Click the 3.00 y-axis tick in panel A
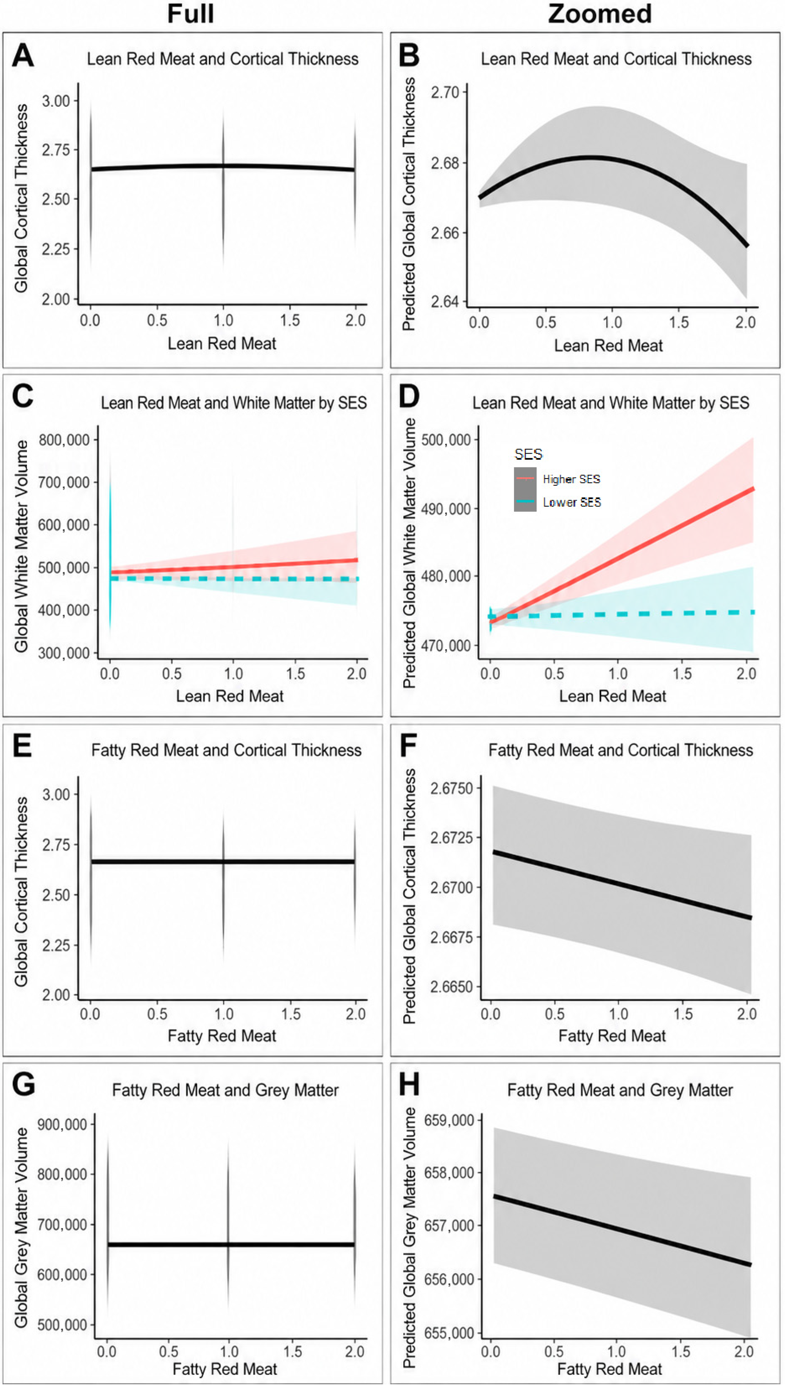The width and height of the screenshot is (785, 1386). (56, 101)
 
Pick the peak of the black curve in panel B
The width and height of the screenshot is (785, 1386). (592, 157)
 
